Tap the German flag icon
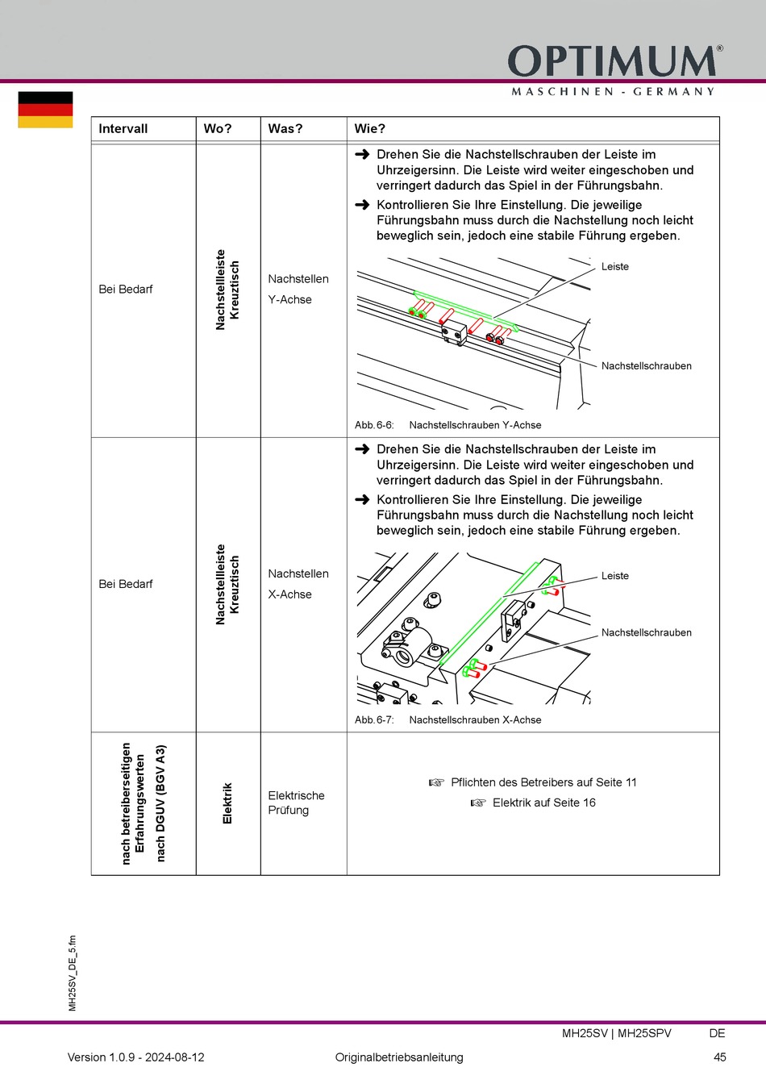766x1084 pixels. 45,110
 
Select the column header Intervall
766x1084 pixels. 123,129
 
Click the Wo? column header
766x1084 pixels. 218,129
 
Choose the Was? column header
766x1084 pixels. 285,129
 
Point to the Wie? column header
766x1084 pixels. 370,129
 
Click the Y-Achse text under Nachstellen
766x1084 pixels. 290,299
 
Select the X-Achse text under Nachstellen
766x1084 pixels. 290,594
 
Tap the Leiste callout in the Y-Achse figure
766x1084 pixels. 615,267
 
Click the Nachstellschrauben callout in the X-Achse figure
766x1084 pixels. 647,633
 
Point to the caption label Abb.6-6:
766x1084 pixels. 374,425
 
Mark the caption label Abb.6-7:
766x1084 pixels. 374,720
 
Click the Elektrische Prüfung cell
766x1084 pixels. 296,803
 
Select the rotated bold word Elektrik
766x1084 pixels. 227,803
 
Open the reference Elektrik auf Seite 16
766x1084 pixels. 543,803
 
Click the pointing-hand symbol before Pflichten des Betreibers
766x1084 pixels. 436,782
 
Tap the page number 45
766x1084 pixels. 720,1057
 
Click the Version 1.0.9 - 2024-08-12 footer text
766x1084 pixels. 136,1057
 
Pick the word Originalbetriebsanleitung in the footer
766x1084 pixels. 399,1057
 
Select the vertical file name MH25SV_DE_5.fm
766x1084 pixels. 73,974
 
